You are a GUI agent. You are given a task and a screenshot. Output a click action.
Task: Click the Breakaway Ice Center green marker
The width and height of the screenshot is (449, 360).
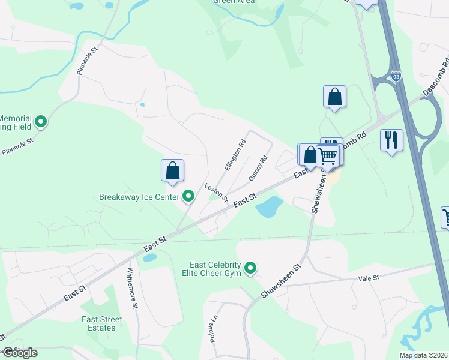pyautogui.click(x=188, y=196)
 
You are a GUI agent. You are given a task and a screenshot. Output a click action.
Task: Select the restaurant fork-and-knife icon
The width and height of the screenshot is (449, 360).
pyautogui.click(x=391, y=140)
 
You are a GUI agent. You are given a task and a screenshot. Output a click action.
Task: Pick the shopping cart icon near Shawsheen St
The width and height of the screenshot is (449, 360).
pyautogui.click(x=328, y=156)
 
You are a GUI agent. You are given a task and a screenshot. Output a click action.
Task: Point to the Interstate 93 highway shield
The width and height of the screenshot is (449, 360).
pyautogui.click(x=395, y=77)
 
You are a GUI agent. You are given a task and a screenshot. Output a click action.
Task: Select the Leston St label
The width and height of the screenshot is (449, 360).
pyautogui.click(x=216, y=192)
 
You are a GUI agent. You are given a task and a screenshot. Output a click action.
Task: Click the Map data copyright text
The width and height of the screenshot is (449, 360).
pyautogui.click(x=423, y=355)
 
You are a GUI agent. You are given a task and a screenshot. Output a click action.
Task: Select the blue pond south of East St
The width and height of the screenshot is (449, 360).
pyautogui.click(x=269, y=207)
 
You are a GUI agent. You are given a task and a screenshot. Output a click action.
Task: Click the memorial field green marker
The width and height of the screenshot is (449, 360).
pyautogui.click(x=41, y=122)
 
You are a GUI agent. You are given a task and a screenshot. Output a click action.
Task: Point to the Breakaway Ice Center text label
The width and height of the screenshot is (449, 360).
pyautogui.click(x=139, y=197)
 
